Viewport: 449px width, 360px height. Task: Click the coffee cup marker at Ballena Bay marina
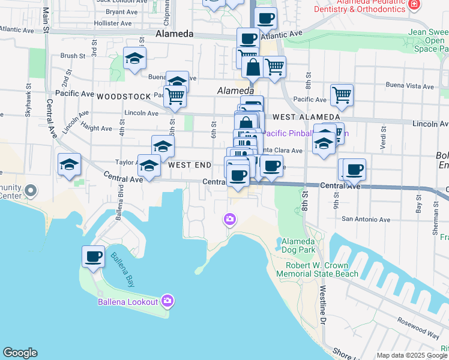coord(93,257)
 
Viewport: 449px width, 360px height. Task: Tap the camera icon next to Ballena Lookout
coord(167,301)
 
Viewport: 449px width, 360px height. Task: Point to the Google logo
coord(20,353)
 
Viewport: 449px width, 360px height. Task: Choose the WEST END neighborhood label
coord(190,164)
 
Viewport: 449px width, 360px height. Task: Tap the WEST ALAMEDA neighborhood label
coord(299,118)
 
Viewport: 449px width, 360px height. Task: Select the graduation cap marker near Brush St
coord(135,59)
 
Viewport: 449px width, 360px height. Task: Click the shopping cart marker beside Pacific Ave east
coord(342,95)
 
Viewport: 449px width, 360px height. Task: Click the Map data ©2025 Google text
coord(412,355)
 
